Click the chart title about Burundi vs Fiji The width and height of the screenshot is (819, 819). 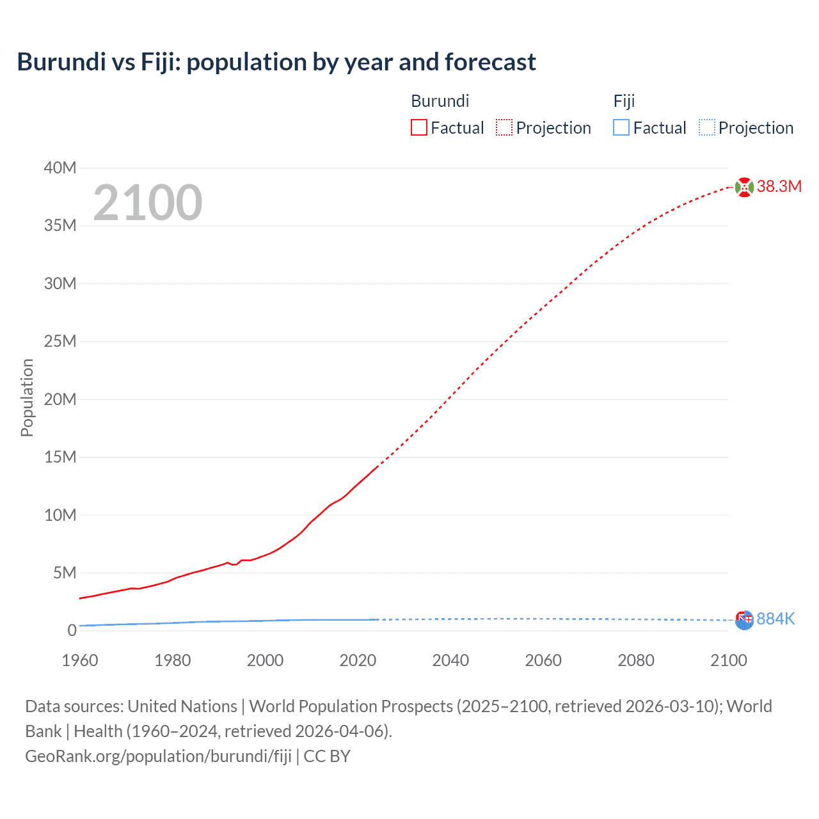[276, 62]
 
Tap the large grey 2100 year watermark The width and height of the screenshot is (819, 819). [148, 203]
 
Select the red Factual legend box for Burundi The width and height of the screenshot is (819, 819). [419, 128]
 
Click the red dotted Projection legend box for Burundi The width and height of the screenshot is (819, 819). [504, 128]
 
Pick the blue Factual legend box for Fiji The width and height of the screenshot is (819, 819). [621, 128]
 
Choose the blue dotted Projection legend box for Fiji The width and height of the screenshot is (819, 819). [707, 128]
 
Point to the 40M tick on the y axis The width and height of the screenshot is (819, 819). [60, 168]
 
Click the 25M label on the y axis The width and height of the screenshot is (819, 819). [60, 342]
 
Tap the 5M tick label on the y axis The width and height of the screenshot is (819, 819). [64, 573]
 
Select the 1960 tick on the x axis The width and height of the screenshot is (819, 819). [80, 660]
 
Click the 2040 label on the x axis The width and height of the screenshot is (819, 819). [450, 660]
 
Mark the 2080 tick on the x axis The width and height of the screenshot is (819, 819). [636, 660]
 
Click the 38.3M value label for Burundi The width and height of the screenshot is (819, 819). [779, 187]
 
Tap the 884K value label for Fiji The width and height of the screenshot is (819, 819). [775, 619]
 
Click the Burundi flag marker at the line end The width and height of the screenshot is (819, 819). [744, 187]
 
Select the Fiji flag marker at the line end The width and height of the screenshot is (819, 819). [744, 620]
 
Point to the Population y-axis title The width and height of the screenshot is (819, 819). [27, 397]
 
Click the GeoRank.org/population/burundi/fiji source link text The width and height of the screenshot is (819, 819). [158, 756]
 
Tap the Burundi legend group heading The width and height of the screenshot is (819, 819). [440, 101]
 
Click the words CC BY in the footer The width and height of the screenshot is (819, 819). [327, 756]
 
